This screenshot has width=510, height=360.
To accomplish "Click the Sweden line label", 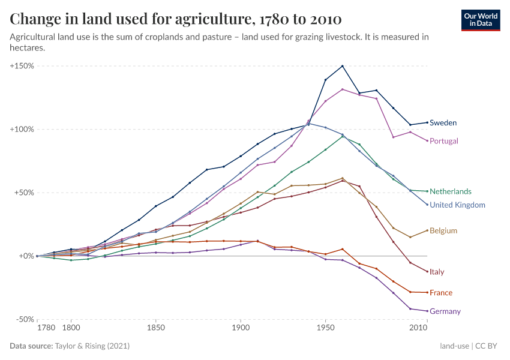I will pyautogui.click(x=443, y=123).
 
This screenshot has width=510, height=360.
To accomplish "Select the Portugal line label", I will pyautogui.click(x=444, y=141).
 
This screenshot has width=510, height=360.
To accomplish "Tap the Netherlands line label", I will pyautogui.click(x=450, y=192).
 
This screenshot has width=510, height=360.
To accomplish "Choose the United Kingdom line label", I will pyautogui.click(x=457, y=205).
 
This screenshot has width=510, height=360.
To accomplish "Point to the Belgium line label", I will pyautogui.click(x=443, y=231).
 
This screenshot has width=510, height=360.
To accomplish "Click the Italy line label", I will pyautogui.click(x=437, y=272).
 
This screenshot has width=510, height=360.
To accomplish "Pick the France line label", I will pyautogui.click(x=441, y=293).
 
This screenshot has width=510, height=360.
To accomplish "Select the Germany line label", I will pyautogui.click(x=445, y=311).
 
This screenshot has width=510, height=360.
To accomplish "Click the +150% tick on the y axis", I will pyautogui.click(x=22, y=66).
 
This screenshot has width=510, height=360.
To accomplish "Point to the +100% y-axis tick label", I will pyautogui.click(x=22, y=129).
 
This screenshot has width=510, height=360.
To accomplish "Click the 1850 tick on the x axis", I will pyautogui.click(x=155, y=328).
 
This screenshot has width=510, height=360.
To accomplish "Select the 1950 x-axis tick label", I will pyautogui.click(x=325, y=328).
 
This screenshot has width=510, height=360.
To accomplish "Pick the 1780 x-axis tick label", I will pyautogui.click(x=46, y=328).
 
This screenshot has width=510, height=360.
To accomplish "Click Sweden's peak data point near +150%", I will pyautogui.click(x=343, y=66).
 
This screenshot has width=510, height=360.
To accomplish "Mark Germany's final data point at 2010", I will pyautogui.click(x=427, y=311).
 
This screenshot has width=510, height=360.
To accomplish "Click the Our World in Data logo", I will pyautogui.click(x=481, y=20).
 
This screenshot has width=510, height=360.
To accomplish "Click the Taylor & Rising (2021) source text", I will pyautogui.click(x=92, y=346).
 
